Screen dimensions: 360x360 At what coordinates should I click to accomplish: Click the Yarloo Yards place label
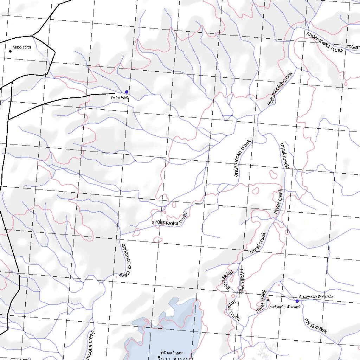tap(21, 47)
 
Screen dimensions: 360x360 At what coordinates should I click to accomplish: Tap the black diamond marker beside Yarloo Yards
tap(10, 51)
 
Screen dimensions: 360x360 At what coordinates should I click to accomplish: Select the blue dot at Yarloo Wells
tap(127, 92)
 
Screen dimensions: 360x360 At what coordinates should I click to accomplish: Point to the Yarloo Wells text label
tap(120, 98)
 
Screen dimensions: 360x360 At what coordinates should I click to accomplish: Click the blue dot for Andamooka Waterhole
tap(297, 301)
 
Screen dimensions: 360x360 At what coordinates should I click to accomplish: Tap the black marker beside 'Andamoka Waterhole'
tap(268, 300)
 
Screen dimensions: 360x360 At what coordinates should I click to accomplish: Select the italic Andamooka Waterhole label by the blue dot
tap(315, 297)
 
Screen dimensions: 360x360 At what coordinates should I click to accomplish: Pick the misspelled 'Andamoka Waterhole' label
tap(285, 307)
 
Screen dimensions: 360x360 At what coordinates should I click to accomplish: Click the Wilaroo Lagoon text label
tap(172, 353)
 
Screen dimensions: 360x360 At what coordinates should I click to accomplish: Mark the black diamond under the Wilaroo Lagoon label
tap(159, 357)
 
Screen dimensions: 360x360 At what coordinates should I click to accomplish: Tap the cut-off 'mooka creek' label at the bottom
tap(90, 346)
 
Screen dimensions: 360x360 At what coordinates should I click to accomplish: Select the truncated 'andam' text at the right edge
tap(353, 46)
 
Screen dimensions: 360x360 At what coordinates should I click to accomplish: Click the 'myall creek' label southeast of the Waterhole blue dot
tap(315, 326)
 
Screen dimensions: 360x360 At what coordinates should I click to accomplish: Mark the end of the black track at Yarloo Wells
tap(115, 94)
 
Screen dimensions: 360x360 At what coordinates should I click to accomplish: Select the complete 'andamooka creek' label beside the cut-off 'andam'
tap(324, 42)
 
